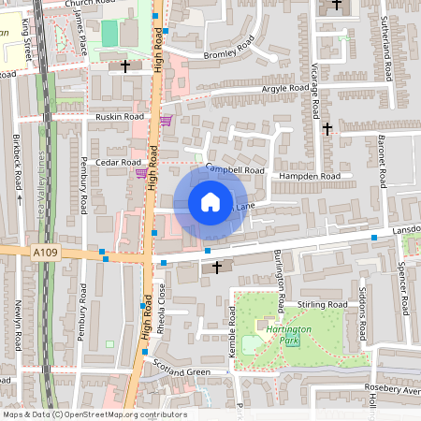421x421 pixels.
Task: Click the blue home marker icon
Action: coord(210,202)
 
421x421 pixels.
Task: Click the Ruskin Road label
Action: coord(120,117)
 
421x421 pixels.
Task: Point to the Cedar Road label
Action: coord(117,162)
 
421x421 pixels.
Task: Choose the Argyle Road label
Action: coord(286,87)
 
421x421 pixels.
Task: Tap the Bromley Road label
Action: coord(230,49)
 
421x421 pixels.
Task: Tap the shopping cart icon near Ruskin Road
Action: coord(166,120)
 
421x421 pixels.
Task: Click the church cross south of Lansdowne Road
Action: coord(217,268)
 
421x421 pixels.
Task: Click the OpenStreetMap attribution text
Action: coord(94,414)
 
